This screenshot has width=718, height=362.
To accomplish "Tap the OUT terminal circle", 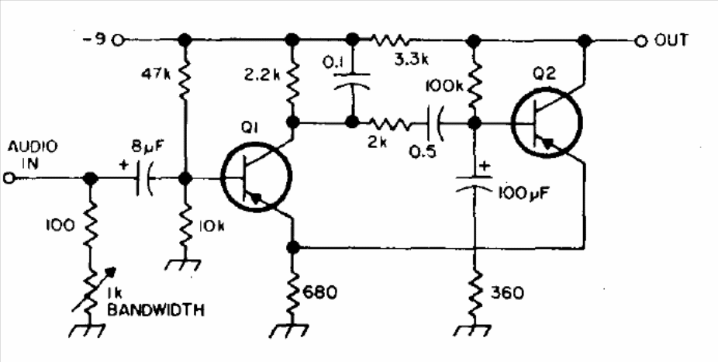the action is pyautogui.click(x=640, y=41).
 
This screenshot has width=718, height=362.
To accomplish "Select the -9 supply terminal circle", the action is pyautogui.click(x=118, y=41).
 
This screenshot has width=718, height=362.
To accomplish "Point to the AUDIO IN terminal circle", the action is pyautogui.click(x=9, y=178).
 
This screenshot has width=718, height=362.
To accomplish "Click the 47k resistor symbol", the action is pyautogui.click(x=185, y=81).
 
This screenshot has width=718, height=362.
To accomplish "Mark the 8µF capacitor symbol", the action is pyautogui.click(x=143, y=178).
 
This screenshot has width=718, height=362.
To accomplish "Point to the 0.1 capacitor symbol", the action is pyautogui.click(x=352, y=81).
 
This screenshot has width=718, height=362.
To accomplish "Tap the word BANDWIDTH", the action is pyautogui.click(x=156, y=310).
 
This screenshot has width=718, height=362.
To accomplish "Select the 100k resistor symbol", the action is pyautogui.click(x=475, y=82).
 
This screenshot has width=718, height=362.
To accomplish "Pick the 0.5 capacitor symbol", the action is pyautogui.click(x=434, y=122).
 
